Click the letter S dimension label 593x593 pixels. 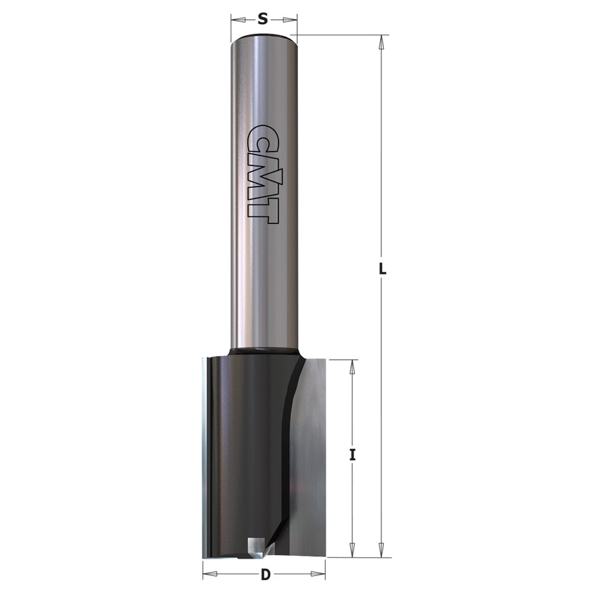click(x=263, y=19)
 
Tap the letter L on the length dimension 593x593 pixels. click(x=383, y=270)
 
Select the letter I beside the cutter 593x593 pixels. click(x=353, y=455)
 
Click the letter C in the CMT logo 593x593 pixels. click(x=262, y=139)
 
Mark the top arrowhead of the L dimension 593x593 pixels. click(x=381, y=42)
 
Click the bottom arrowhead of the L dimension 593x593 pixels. click(x=381, y=550)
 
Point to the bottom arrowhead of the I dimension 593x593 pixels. click(x=353, y=550)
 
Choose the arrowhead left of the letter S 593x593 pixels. click(x=238, y=20)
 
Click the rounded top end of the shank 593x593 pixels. click(x=263, y=39)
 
